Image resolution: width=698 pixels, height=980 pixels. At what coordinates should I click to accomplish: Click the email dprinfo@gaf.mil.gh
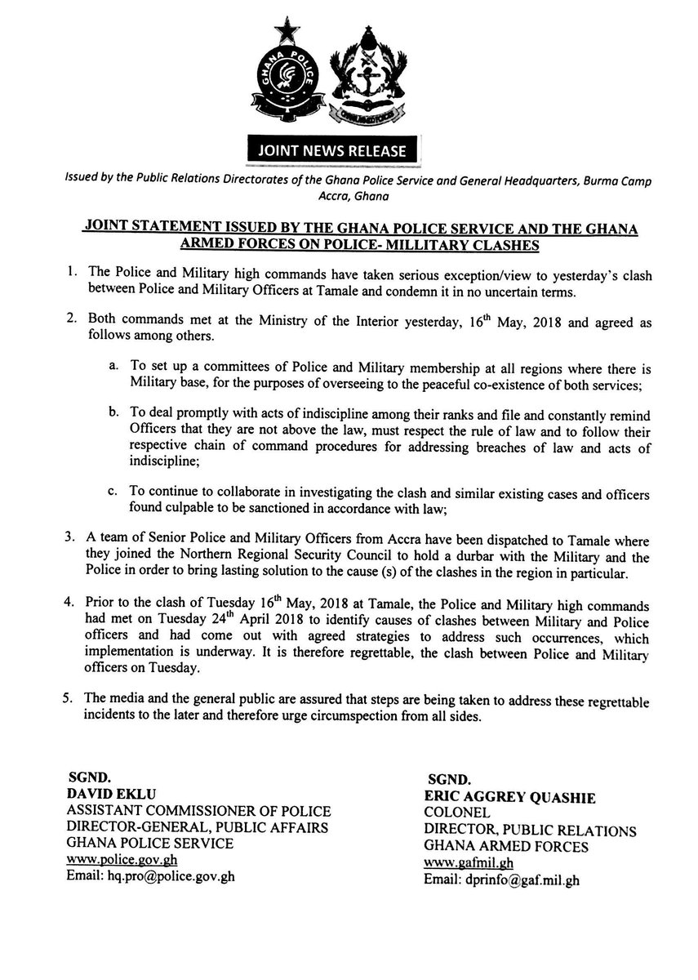click(x=500, y=881)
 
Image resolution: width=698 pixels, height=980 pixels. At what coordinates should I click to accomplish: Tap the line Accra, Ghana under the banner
click(x=348, y=196)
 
